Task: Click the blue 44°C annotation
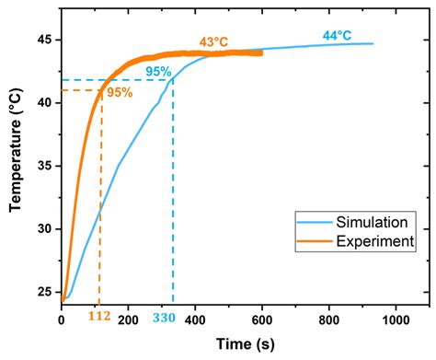(338, 36)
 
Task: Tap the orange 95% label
(119, 93)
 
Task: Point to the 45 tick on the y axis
(45, 41)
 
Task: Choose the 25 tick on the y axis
(45, 291)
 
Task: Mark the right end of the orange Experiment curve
(261, 52)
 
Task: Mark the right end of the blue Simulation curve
(373, 43)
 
